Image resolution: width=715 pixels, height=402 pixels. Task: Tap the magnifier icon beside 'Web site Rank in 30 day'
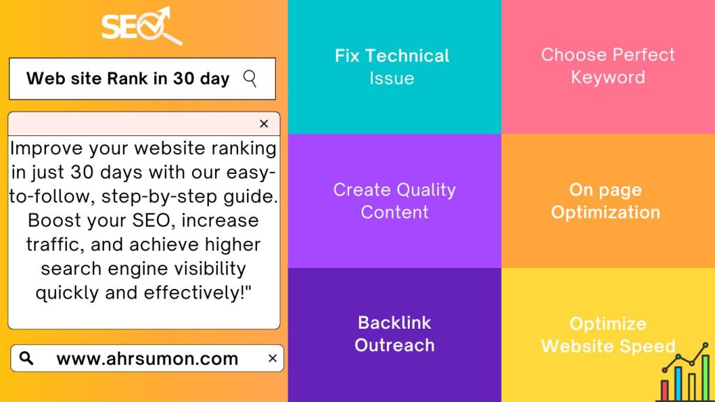coord(250,78)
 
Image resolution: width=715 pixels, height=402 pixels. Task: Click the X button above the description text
coord(264,124)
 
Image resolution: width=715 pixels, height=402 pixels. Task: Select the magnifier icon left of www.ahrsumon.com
coord(27,358)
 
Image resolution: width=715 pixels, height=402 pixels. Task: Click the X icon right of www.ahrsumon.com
coord(272,358)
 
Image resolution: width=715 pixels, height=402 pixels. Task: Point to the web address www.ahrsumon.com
coord(147,359)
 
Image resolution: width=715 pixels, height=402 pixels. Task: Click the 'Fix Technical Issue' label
coord(392,67)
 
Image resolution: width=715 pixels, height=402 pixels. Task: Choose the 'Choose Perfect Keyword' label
coord(608,66)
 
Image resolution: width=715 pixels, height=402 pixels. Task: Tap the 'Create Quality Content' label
coord(395,200)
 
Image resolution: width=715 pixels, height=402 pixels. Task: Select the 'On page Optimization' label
coord(605,201)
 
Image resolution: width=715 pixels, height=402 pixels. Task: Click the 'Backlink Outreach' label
coord(395,334)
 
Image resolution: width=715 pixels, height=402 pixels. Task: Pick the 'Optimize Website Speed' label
coord(608,335)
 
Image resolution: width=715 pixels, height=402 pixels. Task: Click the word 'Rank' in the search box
coord(128,78)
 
